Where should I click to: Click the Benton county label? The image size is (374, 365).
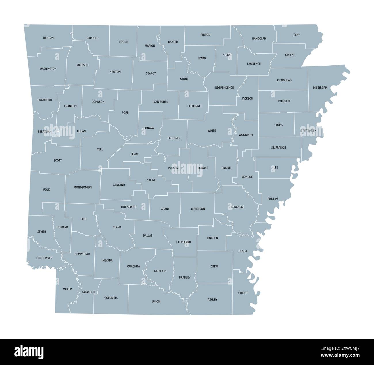click(48, 38)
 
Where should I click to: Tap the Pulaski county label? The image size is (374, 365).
click(173, 168)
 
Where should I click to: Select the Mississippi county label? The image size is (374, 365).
click(320, 88)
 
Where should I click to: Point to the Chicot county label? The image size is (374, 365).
click(243, 293)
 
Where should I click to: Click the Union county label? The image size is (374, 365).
click(156, 302)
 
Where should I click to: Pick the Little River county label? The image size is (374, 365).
click(44, 258)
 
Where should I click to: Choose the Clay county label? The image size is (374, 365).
click(297, 35)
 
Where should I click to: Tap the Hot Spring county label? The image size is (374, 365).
click(129, 207)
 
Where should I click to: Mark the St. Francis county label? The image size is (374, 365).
click(278, 148)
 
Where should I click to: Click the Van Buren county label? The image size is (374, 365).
click(161, 102)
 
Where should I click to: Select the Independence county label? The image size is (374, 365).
click(224, 88)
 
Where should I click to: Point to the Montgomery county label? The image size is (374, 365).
click(83, 188)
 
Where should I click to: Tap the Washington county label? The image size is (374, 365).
click(48, 69)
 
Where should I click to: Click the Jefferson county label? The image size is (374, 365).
click(198, 209)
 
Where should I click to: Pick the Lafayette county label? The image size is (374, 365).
click(89, 292)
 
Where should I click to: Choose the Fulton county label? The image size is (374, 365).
click(205, 35)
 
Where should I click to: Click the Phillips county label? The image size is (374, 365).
click(273, 199)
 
